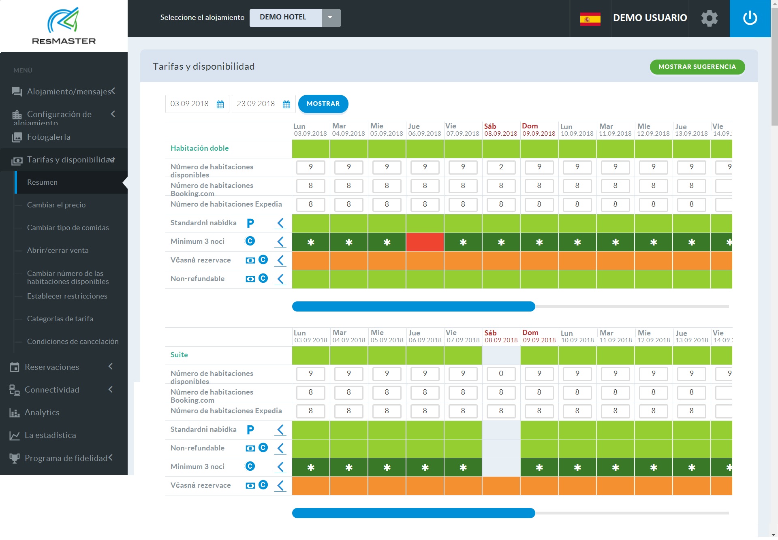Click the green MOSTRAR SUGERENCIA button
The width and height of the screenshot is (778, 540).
coord(697,67)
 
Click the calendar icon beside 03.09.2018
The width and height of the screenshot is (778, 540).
coord(220,105)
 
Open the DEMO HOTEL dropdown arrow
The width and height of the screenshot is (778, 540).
coord(330,17)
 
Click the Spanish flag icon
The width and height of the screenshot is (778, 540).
coord(590,19)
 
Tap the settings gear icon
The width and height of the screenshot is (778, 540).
coord(709,18)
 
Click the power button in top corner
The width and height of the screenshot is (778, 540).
coord(750,18)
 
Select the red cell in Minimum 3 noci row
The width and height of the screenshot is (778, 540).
coord(425,242)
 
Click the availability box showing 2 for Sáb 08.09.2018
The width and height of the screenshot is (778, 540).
coord(501,167)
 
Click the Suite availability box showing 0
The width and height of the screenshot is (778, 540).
coord(501,374)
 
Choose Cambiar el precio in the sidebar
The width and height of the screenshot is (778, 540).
coord(56,205)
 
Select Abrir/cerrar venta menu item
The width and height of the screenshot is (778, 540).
coord(58,250)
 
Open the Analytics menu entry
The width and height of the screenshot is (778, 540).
coord(42,412)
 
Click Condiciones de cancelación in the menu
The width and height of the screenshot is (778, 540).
coord(73,342)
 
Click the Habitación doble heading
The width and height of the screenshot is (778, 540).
coord(199,148)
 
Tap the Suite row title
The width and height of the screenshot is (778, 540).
coord(179,355)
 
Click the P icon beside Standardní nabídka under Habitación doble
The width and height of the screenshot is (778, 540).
coord(250,223)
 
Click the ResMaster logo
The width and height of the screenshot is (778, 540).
coord(64,26)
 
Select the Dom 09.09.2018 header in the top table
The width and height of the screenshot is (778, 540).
coord(539,130)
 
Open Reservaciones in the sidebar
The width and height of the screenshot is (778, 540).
coord(52,367)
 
